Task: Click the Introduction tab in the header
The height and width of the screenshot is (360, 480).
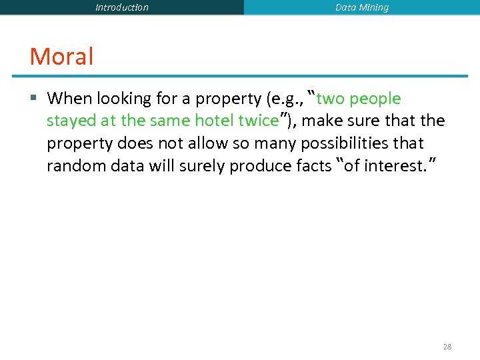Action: coord(122,8)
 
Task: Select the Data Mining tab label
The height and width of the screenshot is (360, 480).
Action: coord(362,8)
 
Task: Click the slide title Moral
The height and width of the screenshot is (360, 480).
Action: coord(61,57)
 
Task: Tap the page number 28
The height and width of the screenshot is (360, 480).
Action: coord(447,347)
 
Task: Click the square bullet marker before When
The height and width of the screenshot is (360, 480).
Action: coord(34,99)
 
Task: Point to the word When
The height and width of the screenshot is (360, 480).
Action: coord(70,99)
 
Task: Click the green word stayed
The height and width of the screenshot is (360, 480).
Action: coord(71,121)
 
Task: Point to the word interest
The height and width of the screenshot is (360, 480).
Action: coord(383,165)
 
